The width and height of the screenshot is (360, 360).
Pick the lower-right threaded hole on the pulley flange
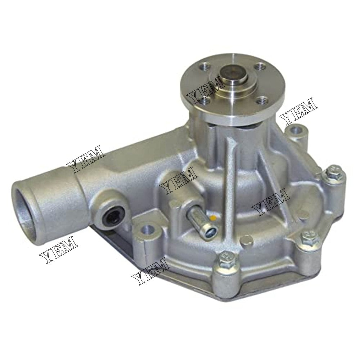pos(260,102)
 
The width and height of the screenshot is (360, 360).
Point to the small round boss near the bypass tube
pos(246,237)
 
